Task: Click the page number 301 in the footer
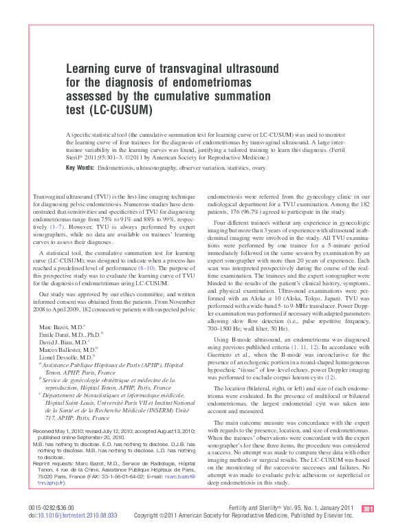pos(368,508)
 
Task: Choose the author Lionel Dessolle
pos(64,357)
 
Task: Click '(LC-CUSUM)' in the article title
pos(118,110)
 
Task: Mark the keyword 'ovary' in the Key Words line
pos(258,168)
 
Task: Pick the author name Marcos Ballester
pos(65,349)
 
